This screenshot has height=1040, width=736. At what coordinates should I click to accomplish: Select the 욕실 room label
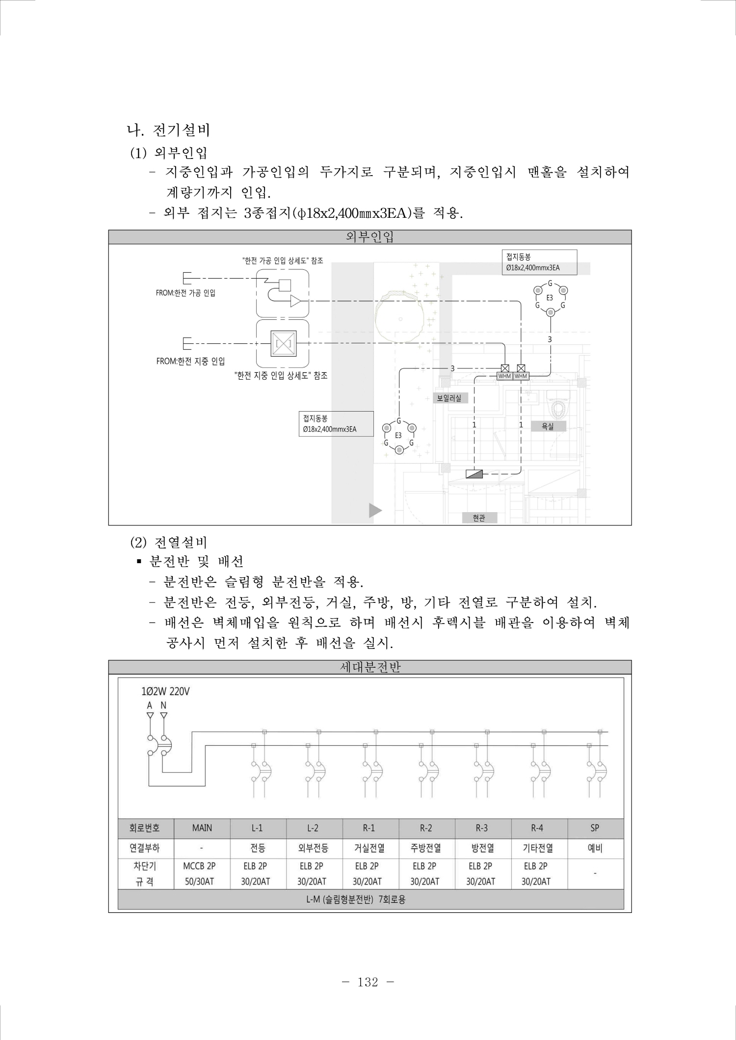pyautogui.click(x=548, y=426)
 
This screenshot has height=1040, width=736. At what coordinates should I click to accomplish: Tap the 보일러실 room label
pyautogui.click(x=449, y=398)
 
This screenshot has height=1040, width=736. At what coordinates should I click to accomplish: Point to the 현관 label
pyautogui.click(x=479, y=518)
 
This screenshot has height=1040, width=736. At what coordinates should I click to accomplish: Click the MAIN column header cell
pyautogui.click(x=202, y=828)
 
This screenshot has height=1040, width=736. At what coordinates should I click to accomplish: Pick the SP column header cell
pyautogui.click(x=595, y=828)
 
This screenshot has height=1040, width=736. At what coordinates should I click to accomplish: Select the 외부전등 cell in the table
pyautogui.click(x=313, y=848)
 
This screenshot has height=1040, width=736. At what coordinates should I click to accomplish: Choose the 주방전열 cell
pyautogui.click(x=425, y=848)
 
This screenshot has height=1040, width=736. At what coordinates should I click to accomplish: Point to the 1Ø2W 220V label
pyautogui.click(x=165, y=692)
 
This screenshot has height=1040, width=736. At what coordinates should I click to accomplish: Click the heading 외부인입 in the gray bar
pyautogui.click(x=369, y=237)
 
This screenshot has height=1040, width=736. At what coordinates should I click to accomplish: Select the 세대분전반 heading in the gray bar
pyautogui.click(x=370, y=667)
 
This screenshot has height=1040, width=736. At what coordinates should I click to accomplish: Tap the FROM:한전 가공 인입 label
pyautogui.click(x=185, y=293)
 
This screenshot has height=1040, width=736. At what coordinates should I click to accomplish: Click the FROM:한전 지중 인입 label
pyautogui.click(x=190, y=361)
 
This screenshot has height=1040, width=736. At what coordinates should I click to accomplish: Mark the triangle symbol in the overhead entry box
pyautogui.click(x=296, y=301)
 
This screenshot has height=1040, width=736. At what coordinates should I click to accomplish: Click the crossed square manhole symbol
pyautogui.click(x=284, y=343)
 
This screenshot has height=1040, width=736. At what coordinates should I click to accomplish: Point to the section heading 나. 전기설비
pyautogui.click(x=168, y=130)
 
